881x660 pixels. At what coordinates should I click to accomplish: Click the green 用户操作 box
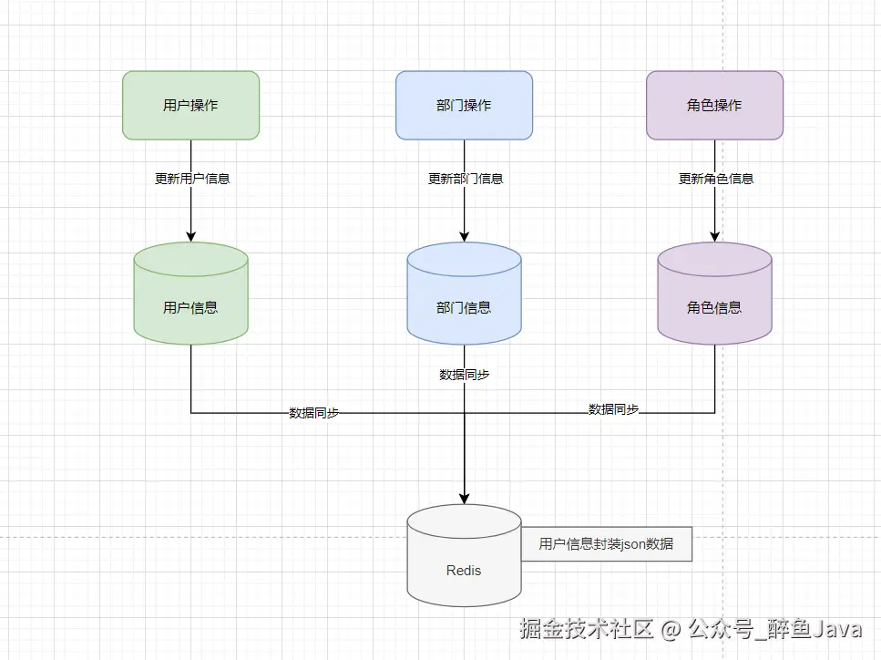click(x=191, y=105)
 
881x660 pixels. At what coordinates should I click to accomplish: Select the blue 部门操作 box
click(x=464, y=105)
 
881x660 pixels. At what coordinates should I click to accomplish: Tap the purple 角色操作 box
click(x=714, y=105)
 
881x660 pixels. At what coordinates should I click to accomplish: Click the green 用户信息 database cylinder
click(x=191, y=294)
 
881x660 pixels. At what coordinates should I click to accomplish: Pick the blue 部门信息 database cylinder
click(x=464, y=294)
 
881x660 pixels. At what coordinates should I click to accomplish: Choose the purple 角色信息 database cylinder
click(x=714, y=294)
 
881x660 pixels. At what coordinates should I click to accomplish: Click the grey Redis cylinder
click(x=464, y=555)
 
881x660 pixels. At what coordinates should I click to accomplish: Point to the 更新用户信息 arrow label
click(x=192, y=179)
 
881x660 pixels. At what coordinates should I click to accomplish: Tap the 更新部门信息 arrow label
click(x=466, y=179)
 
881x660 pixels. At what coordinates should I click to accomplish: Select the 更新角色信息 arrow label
click(x=716, y=179)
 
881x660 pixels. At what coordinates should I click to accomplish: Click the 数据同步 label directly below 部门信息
click(x=464, y=375)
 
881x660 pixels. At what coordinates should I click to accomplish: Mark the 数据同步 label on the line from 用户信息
click(x=313, y=413)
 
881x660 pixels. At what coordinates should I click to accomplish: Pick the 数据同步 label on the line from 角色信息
click(x=613, y=409)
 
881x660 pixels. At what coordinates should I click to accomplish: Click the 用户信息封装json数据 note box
click(x=606, y=543)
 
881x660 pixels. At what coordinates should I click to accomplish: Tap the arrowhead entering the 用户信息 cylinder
click(x=191, y=237)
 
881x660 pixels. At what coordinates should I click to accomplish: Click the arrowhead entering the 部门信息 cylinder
click(x=464, y=237)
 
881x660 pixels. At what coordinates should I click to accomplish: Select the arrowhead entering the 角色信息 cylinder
click(x=714, y=237)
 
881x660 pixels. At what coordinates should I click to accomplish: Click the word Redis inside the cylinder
click(x=464, y=571)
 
